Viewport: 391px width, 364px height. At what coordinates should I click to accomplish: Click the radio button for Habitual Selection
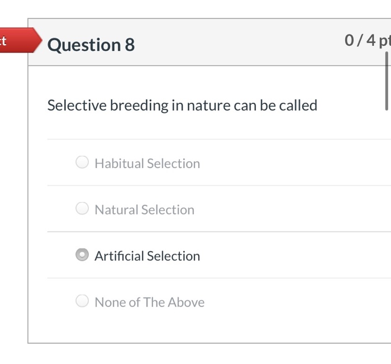[82, 162]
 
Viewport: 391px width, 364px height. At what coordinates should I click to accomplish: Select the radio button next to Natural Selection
[82, 209]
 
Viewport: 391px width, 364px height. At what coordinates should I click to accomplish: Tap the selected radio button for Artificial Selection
[82, 255]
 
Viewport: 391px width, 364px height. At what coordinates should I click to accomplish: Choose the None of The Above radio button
[82, 301]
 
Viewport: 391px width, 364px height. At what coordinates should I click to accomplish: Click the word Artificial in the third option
[118, 256]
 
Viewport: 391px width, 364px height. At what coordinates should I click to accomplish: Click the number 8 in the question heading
[130, 45]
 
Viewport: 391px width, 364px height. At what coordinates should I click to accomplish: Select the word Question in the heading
[83, 45]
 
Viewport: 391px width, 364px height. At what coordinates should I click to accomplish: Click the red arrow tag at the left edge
[20, 40]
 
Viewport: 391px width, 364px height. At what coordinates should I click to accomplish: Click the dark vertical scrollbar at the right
[386, 81]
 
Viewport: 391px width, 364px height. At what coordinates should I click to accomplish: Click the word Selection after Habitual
[173, 164]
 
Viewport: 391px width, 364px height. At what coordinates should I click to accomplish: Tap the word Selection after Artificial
[173, 256]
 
